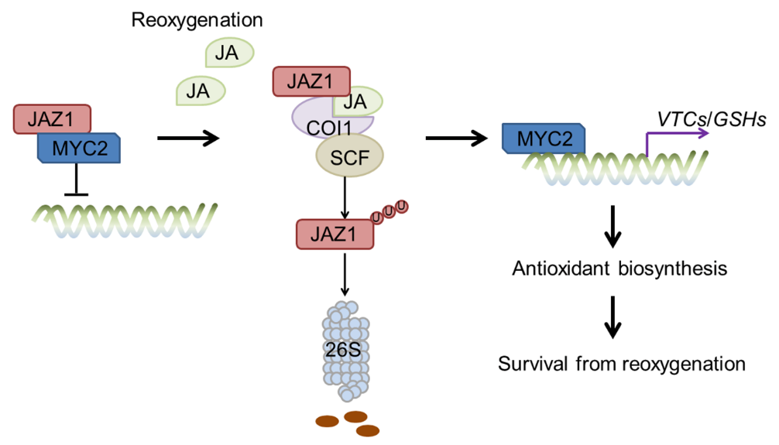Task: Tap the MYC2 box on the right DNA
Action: pos(544,139)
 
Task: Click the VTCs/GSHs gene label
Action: pos(701,121)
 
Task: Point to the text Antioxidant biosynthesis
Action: pos(619,269)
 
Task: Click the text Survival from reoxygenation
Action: pos(622,363)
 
